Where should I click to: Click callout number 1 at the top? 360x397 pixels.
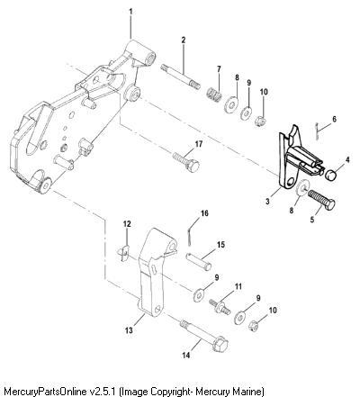click(130, 12)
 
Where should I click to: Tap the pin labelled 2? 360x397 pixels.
click(181, 77)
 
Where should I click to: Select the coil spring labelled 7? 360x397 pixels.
click(214, 93)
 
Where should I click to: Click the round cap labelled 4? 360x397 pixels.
click(331, 174)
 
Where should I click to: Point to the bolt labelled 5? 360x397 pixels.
click(321, 199)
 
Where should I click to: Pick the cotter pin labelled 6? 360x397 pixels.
click(317, 131)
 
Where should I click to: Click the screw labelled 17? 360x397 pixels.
click(186, 163)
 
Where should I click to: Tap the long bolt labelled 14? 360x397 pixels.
click(203, 337)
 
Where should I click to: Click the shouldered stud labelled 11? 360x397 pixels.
click(220, 306)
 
